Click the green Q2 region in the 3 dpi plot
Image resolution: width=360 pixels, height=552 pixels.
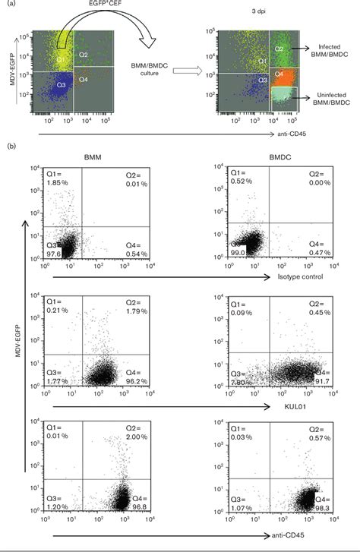[281, 49]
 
